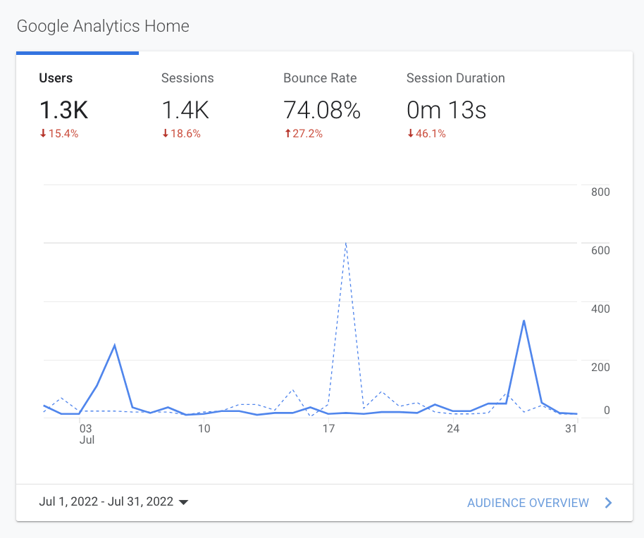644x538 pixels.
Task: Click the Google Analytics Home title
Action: pyautogui.click(x=103, y=27)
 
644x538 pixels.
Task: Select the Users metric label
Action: pyautogui.click(x=56, y=78)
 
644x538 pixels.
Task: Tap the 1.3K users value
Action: pyautogui.click(x=64, y=110)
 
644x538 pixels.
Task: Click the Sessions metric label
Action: pyautogui.click(x=187, y=78)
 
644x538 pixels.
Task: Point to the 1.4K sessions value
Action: pyautogui.click(x=186, y=110)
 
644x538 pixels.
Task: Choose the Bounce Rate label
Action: pyautogui.click(x=320, y=78)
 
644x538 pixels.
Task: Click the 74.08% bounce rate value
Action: pyautogui.click(x=322, y=110)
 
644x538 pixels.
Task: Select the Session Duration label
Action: pyautogui.click(x=455, y=78)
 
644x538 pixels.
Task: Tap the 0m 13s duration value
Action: pyautogui.click(x=446, y=110)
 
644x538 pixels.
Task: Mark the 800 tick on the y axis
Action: pyautogui.click(x=600, y=192)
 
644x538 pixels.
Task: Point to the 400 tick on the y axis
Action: pyautogui.click(x=600, y=308)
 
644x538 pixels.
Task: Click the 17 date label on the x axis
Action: pyautogui.click(x=328, y=428)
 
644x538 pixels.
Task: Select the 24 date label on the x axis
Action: pyautogui.click(x=452, y=428)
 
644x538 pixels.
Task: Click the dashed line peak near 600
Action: pyautogui.click(x=346, y=243)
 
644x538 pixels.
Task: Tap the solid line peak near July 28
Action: pyautogui.click(x=524, y=321)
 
